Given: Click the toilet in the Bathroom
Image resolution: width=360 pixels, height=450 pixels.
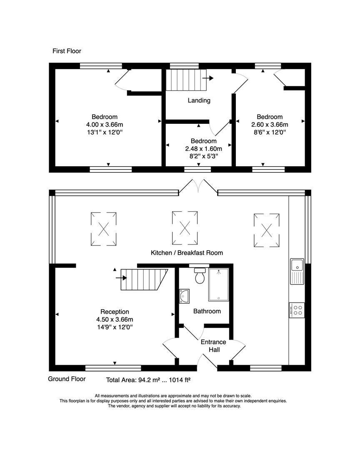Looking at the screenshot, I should point(200,275).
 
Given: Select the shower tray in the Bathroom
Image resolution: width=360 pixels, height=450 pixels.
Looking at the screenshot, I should point(219,285).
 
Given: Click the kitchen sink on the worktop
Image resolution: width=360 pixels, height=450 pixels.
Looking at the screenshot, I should point(297,270).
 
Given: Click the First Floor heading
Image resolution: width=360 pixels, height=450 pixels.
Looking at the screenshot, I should point(67,51).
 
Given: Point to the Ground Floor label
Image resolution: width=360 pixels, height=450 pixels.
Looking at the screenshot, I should point(67,379).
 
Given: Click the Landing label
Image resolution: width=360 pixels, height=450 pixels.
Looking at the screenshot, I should point(199,100).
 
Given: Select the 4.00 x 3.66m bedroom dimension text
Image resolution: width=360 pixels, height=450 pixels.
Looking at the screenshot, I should point(105,125).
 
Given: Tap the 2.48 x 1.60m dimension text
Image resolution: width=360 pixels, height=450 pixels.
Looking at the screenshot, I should point(203,149).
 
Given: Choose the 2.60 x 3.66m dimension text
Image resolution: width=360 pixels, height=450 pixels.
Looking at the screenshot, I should point(270,125).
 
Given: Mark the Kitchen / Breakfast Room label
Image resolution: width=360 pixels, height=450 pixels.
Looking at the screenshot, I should point(187,252).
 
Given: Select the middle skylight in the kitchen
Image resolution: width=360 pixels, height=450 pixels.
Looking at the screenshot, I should point(185,228).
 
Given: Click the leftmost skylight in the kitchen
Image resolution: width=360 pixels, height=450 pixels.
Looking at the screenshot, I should point(103,228).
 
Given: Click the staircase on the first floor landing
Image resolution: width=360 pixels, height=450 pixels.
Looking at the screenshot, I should point(187,80).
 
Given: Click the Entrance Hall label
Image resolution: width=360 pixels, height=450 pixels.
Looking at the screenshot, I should point(213,346).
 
